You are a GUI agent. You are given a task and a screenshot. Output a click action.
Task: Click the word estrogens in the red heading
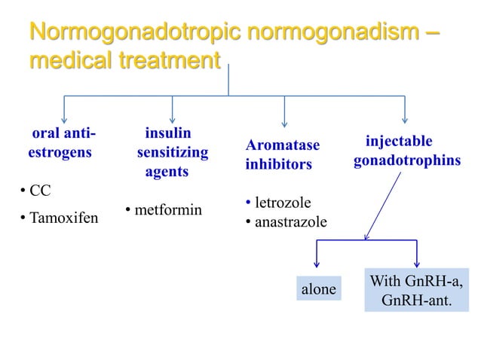(60, 152)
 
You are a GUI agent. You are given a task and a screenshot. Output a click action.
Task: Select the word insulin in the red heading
(167, 133)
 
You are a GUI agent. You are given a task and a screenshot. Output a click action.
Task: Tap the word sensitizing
(173, 153)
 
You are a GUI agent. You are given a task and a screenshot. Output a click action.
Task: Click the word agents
(167, 172)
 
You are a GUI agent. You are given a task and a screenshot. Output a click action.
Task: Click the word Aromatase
(282, 145)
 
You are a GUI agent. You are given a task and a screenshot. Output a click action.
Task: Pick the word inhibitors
(278, 163)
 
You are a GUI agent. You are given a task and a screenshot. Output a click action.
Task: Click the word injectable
(399, 142)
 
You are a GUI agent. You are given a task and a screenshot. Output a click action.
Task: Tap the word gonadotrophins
(407, 162)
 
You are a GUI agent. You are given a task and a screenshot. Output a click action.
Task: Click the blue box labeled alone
(318, 289)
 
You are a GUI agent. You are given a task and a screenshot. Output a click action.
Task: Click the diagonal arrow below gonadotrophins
(384, 206)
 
